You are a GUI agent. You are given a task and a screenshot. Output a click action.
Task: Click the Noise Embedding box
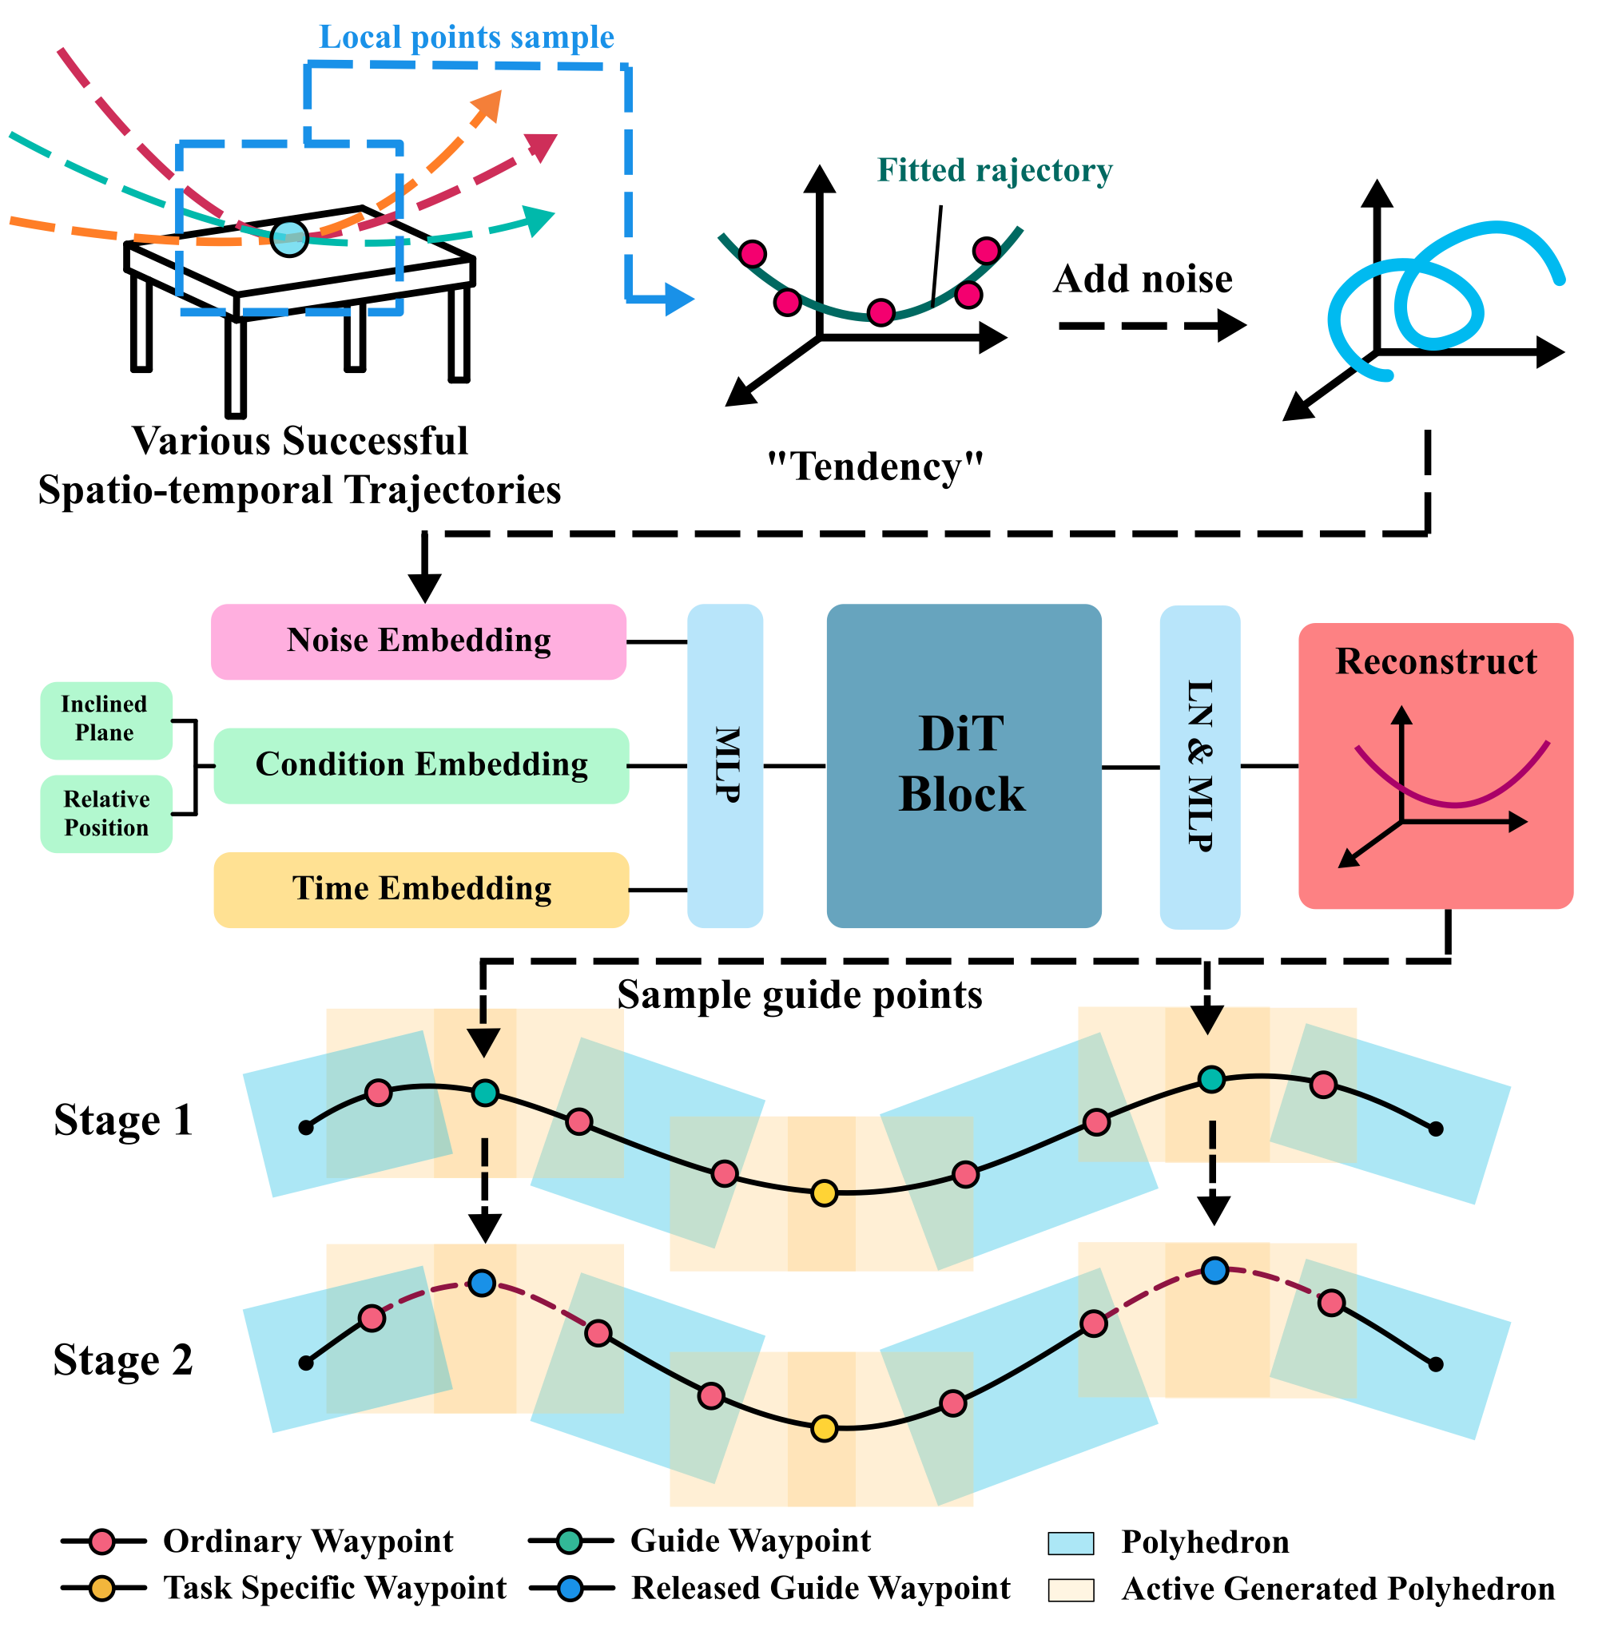(418, 642)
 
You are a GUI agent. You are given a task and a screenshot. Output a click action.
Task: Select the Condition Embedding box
(420, 765)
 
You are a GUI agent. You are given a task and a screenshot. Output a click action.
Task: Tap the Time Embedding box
(420, 890)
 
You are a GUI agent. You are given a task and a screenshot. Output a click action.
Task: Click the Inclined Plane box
(105, 720)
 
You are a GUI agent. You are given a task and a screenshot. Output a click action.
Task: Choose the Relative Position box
(105, 814)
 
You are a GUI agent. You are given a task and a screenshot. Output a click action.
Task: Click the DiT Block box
(963, 765)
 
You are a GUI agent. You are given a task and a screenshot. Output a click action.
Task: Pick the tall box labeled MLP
(725, 765)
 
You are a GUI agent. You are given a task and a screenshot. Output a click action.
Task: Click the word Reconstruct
(1435, 662)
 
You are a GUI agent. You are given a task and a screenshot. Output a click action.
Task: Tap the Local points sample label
(466, 38)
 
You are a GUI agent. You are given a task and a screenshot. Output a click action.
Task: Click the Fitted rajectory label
(994, 170)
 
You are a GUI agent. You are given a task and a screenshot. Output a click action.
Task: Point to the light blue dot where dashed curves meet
(289, 238)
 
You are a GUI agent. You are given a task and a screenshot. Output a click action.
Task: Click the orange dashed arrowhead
(487, 107)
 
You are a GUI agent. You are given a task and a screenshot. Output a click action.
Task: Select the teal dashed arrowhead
(539, 220)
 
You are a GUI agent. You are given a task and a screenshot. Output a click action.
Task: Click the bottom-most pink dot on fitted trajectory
(880, 313)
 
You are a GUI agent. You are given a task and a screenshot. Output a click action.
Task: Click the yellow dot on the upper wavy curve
(825, 1192)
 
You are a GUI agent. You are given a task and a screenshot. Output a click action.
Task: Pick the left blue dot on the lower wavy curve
(482, 1282)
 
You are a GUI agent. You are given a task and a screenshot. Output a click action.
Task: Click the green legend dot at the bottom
(569, 1541)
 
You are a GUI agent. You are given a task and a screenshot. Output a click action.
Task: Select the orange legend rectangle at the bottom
(1070, 1590)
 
